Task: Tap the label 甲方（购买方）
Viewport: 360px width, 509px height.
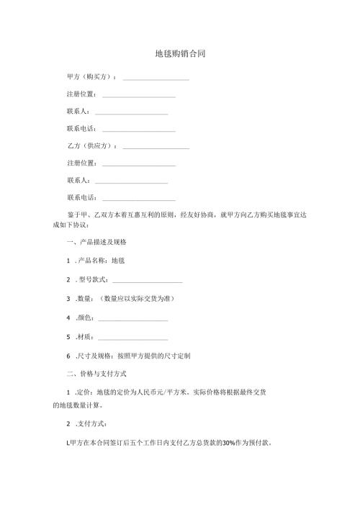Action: [91, 77]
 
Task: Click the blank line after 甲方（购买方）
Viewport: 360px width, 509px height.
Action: [156, 78]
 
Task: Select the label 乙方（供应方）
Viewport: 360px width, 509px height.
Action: [91, 146]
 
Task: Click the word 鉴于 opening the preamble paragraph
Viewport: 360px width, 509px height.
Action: [73, 215]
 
